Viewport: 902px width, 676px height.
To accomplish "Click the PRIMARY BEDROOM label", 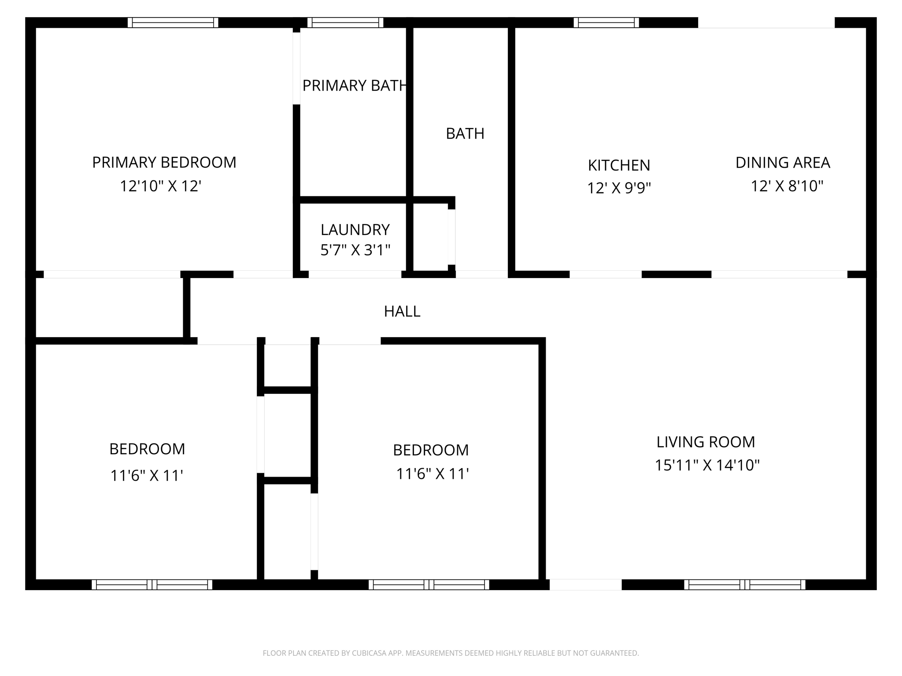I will (164, 162).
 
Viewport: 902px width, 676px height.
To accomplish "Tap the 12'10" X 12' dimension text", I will (160, 186).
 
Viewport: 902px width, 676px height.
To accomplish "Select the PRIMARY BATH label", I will (354, 85).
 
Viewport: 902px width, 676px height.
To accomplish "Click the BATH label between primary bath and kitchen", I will (465, 133).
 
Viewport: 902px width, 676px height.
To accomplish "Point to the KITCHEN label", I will (619, 165).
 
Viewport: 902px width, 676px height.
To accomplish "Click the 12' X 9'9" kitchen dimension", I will (619, 188).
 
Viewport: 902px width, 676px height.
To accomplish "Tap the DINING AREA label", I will (783, 163).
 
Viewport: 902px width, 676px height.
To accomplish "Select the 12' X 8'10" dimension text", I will (787, 187).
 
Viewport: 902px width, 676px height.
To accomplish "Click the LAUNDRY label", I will (355, 230).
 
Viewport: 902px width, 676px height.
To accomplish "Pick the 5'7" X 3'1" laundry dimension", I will (355, 250).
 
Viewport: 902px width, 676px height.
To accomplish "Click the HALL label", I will (402, 312).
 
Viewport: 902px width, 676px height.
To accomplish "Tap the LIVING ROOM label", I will (706, 442).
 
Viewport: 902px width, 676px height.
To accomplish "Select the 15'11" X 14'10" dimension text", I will (707, 465).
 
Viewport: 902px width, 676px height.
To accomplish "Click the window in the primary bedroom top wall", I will (173, 22).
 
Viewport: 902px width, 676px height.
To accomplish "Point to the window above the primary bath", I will (345, 22).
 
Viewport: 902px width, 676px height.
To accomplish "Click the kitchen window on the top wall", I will (606, 22).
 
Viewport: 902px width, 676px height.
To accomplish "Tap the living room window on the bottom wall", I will (744, 584).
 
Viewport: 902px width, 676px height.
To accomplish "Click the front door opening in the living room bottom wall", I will (585, 584).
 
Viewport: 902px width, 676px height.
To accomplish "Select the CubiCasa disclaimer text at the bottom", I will (451, 653).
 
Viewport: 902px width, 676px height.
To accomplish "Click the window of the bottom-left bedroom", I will (152, 584).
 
